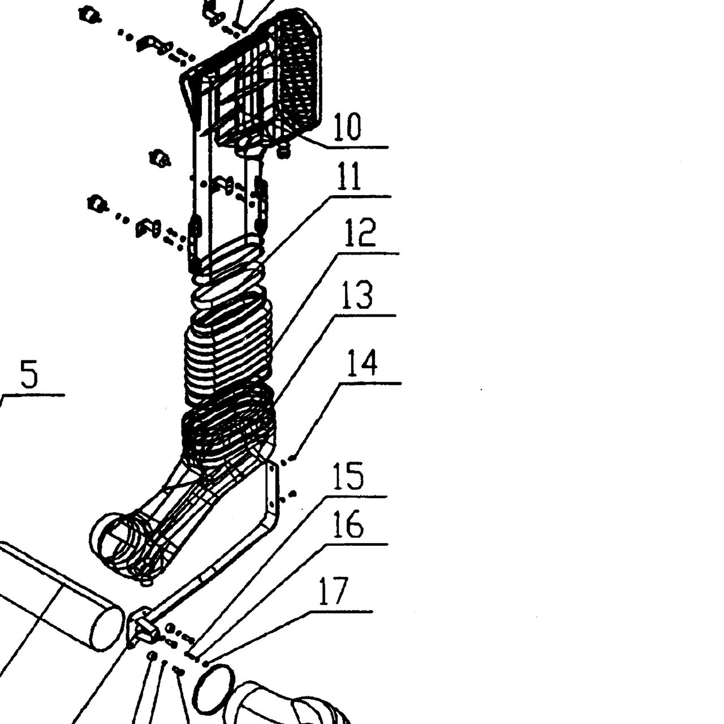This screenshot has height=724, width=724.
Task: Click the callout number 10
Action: click(347, 126)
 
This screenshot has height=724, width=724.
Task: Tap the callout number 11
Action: click(348, 176)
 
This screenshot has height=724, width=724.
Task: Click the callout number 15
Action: click(348, 476)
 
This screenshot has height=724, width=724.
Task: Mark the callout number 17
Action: click(333, 591)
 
